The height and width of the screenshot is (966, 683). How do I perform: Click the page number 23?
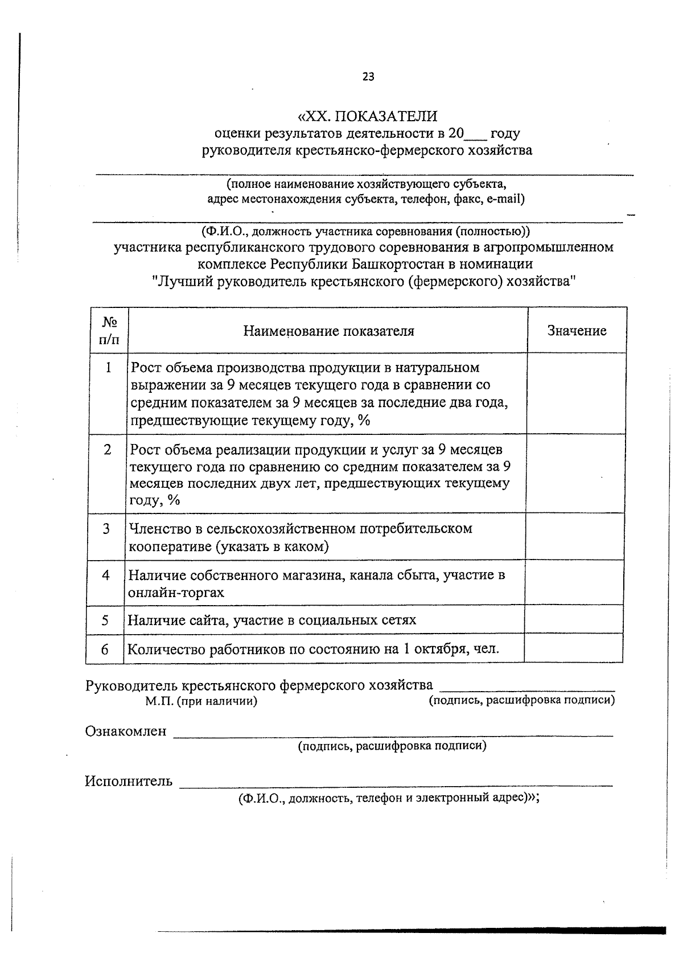pyautogui.click(x=368, y=77)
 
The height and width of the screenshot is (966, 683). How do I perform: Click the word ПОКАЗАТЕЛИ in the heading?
pyautogui.click(x=385, y=116)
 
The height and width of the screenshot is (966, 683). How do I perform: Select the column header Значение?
pyautogui.click(x=577, y=331)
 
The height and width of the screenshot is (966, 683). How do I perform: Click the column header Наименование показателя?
pyautogui.click(x=328, y=331)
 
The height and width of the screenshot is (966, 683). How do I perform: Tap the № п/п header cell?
pyautogui.click(x=109, y=331)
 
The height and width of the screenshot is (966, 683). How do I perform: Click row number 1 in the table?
pyautogui.click(x=108, y=368)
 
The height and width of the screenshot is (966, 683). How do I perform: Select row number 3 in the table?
pyautogui.click(x=106, y=529)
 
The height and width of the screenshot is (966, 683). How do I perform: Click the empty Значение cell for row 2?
pyautogui.click(x=575, y=474)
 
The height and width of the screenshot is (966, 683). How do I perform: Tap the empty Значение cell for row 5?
pyautogui.click(x=573, y=619)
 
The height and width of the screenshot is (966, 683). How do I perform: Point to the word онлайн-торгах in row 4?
pyautogui.click(x=176, y=593)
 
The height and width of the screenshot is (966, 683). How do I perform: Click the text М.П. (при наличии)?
pyautogui.click(x=201, y=701)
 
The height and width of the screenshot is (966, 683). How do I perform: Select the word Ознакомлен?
pyautogui.click(x=126, y=731)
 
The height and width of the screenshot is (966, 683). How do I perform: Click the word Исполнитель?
pyautogui.click(x=129, y=781)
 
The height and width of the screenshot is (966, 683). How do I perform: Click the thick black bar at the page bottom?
pyautogui.click(x=410, y=931)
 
